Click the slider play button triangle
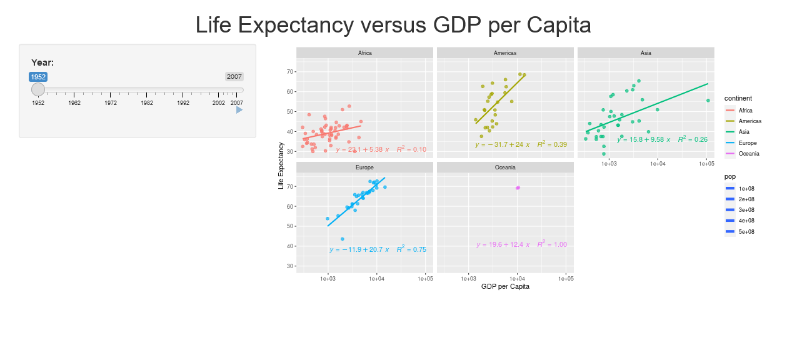point(239,110)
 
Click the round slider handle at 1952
point(38,90)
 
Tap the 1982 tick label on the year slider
point(147,103)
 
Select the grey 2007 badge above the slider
point(234,76)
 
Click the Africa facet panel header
point(364,53)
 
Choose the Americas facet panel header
point(505,53)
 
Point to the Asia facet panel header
point(646,53)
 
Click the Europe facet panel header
point(364,167)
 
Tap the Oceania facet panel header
point(505,167)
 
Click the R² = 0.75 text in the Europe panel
point(411,249)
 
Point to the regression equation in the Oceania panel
point(503,245)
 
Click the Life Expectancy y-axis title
point(281,166)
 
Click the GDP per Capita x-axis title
point(505,286)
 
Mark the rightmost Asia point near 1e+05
point(708,101)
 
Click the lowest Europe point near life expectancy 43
point(343,239)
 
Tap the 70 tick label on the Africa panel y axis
point(290,72)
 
